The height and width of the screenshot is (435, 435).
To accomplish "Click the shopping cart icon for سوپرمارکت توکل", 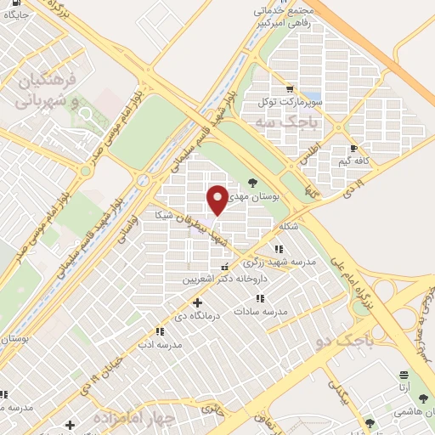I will coord(291,88).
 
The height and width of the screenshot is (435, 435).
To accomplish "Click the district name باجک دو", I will coord(338,342).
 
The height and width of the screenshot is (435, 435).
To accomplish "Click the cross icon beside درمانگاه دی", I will coord(198,302).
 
